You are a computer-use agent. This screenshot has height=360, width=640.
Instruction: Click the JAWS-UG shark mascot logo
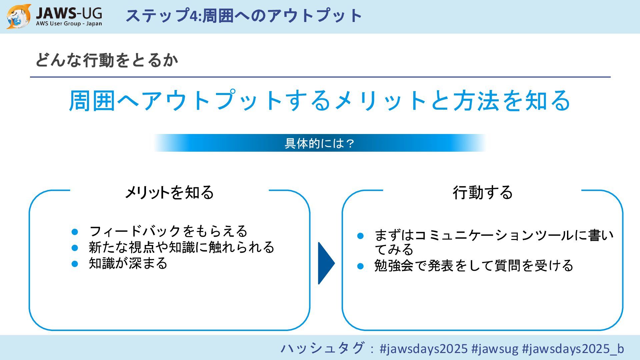[18, 16]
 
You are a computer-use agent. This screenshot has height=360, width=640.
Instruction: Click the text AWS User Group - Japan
[69, 24]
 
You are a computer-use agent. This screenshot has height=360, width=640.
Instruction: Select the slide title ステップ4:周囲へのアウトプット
[244, 15]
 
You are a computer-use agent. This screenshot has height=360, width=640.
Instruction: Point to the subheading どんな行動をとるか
[107, 60]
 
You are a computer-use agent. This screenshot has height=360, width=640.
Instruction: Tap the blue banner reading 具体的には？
[319, 143]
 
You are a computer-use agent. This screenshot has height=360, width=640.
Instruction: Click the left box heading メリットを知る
[169, 192]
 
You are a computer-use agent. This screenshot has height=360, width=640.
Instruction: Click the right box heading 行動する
[482, 192]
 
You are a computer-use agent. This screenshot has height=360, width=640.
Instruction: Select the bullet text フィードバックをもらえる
[168, 231]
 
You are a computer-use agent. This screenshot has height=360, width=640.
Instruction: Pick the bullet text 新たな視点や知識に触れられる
[182, 247]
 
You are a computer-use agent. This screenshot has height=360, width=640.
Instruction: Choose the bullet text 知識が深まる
[128, 263]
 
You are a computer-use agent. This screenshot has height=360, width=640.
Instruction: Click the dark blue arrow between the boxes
[326, 263]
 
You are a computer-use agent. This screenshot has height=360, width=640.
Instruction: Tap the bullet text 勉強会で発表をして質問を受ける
[474, 266]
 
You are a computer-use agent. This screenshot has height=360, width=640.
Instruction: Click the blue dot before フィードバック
[75, 231]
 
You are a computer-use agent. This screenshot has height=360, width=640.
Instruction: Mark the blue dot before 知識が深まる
[75, 264]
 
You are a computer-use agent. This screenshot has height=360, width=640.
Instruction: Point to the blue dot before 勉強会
[360, 266]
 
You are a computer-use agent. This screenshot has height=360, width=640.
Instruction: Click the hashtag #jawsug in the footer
[495, 349]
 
